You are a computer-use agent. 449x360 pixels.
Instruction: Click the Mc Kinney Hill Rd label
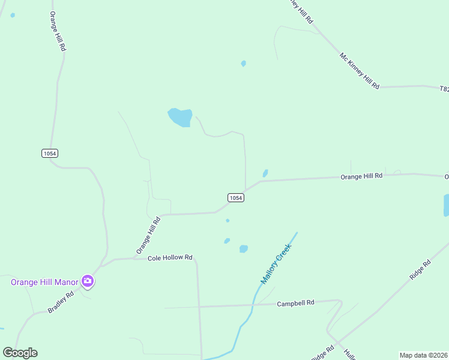pyautogui.click(x=360, y=71)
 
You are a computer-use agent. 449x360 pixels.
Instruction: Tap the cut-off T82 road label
pyautogui.click(x=444, y=89)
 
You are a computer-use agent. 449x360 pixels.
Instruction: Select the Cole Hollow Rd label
pyautogui.click(x=170, y=257)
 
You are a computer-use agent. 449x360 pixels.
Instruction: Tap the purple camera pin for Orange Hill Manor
pyautogui.click(x=88, y=281)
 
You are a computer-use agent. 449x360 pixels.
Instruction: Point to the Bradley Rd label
pyautogui.click(x=61, y=303)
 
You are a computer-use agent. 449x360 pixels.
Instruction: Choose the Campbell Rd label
pyautogui.click(x=295, y=304)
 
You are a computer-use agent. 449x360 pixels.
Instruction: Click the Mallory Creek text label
pyautogui.click(x=276, y=263)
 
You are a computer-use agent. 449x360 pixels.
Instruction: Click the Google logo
pyautogui.click(x=20, y=353)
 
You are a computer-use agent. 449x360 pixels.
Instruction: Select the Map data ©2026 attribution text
pyautogui.click(x=423, y=355)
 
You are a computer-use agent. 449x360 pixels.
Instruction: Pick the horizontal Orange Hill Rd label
pyautogui.click(x=361, y=176)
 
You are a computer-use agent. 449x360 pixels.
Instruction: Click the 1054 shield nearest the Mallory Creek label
pyautogui.click(x=236, y=197)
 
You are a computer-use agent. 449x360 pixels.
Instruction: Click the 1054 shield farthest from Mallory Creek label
pyautogui.click(x=50, y=154)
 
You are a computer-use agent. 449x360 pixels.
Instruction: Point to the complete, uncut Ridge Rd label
pyautogui.click(x=420, y=270)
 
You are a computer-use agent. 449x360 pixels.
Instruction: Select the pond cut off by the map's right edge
pyautogui.click(x=446, y=205)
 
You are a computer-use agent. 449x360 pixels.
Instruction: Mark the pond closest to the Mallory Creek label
pyautogui.click(x=244, y=249)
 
